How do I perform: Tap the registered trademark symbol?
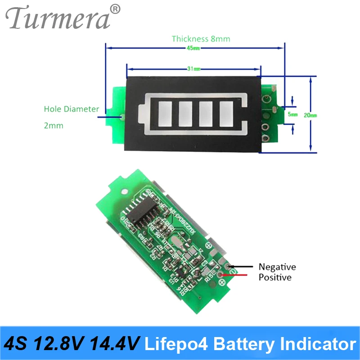[x=116, y=9]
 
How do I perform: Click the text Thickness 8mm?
[x=201, y=39]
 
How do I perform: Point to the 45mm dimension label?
[x=194, y=48]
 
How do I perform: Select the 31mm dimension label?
[x=193, y=69]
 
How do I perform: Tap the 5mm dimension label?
[x=292, y=115]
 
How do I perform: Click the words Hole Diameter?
[x=71, y=109]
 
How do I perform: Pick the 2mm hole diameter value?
[x=54, y=126]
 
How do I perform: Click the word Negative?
[x=277, y=267]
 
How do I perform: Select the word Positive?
[x=275, y=277]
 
